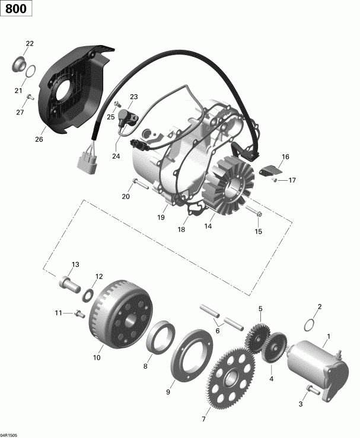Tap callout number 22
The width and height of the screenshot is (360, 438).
[x=30, y=44]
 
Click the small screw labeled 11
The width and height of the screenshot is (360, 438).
[x=78, y=314]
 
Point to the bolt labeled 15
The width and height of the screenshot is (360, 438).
[x=258, y=212]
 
